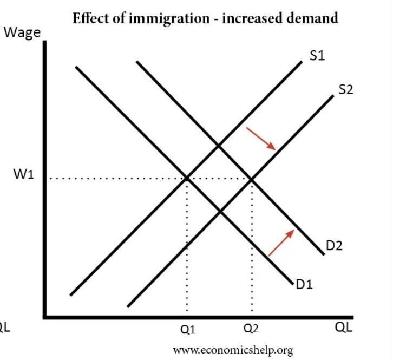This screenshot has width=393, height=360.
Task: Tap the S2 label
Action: click(x=346, y=89)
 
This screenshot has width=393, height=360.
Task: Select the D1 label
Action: click(x=304, y=283)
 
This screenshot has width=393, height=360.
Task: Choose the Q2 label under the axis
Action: click(x=252, y=329)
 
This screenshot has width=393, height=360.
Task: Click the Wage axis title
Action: click(x=22, y=32)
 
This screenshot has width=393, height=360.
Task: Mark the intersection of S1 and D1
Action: click(x=187, y=178)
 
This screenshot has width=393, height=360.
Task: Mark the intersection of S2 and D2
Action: click(x=252, y=178)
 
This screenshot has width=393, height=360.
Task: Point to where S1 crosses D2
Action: click(x=219, y=145)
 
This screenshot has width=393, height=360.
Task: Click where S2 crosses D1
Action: click(x=220, y=211)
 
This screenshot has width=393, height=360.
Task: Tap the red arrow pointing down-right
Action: click(x=261, y=139)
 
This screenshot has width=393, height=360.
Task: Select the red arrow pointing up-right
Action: click(x=281, y=242)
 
